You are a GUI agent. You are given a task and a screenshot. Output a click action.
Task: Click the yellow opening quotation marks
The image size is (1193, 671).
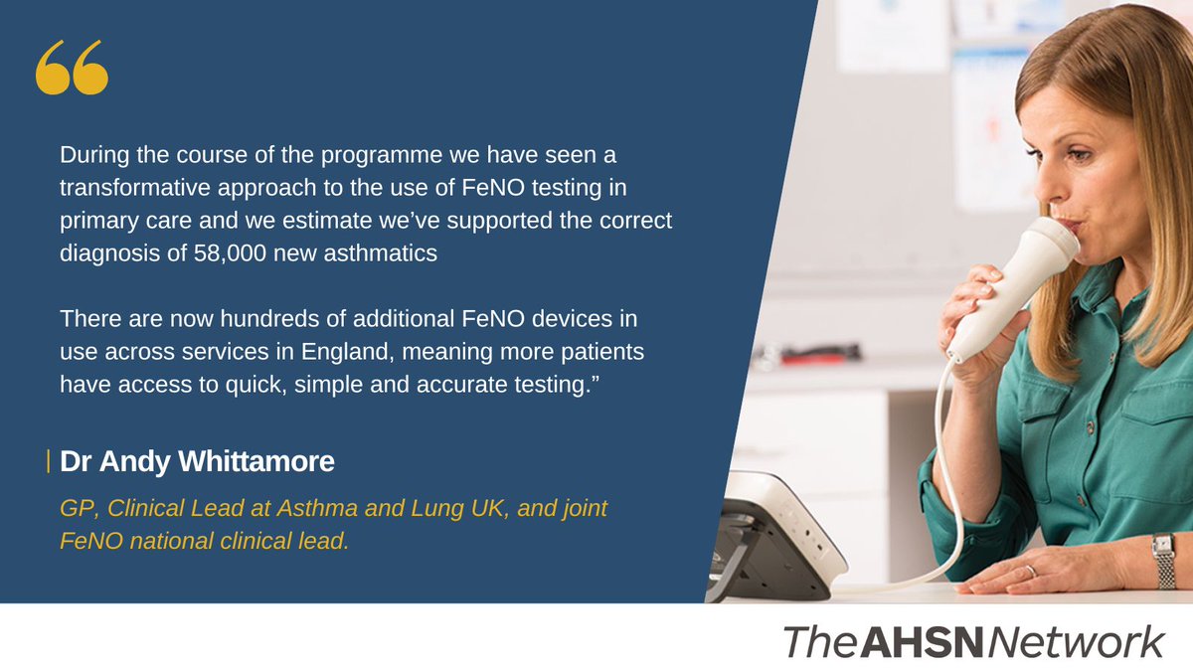(x=72, y=70)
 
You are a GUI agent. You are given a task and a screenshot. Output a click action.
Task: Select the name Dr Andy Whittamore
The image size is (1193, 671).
(x=196, y=462)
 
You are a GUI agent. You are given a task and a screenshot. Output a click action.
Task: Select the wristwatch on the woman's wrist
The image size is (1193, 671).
(x=1162, y=560)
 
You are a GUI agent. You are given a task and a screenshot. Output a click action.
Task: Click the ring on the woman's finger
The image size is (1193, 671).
(x=1031, y=571)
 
